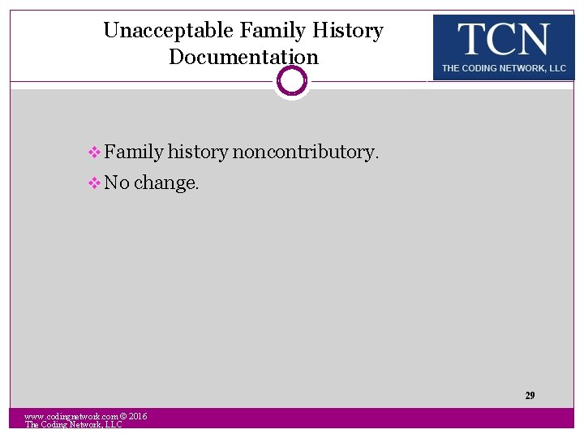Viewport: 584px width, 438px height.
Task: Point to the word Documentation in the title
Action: tap(243, 58)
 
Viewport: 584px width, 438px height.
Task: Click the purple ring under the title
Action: tap(292, 80)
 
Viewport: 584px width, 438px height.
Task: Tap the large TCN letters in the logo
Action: tap(503, 39)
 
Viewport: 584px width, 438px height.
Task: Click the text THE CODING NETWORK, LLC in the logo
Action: tap(504, 69)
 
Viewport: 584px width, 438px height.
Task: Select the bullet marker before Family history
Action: tap(95, 152)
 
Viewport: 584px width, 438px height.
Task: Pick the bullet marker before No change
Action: tap(95, 183)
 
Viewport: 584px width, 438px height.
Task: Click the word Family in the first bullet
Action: tap(134, 152)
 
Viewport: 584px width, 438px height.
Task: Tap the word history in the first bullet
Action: tap(198, 152)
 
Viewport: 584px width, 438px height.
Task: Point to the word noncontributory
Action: tap(305, 152)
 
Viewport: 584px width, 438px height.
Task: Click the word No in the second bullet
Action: tap(117, 183)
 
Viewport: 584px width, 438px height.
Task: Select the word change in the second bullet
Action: tap(165, 183)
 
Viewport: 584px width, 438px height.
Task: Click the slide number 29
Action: tap(530, 396)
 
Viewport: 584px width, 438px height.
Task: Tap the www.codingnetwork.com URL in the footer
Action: tap(71, 416)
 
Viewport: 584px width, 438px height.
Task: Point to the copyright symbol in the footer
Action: tap(123, 416)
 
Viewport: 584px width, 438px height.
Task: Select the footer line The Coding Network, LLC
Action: tap(73, 425)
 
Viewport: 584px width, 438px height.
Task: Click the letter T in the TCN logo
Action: tap(470, 39)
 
